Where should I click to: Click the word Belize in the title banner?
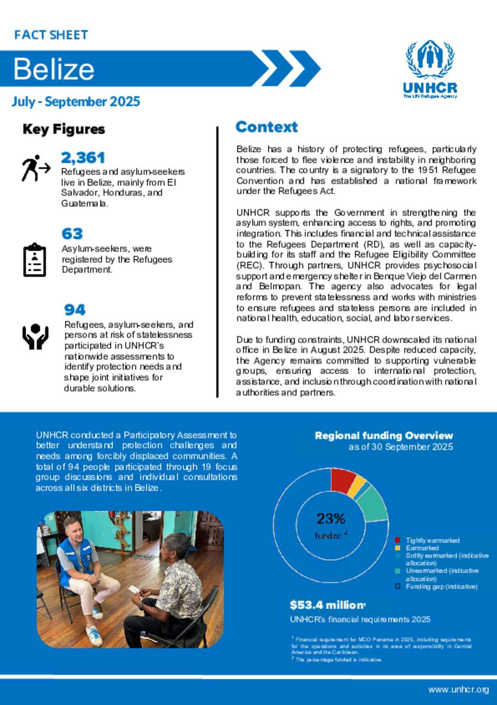[54, 69]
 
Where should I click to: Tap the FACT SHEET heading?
[51, 35]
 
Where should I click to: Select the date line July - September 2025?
[76, 102]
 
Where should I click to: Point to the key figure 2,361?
[83, 157]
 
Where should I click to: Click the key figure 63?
[72, 234]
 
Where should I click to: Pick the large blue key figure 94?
[75, 310]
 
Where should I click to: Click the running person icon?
[35, 168]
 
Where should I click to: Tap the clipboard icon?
[34, 260]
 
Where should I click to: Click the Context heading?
[266, 127]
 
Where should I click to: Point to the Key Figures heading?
[64, 129]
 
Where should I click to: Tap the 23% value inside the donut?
[331, 519]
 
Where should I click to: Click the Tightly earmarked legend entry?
[432, 540]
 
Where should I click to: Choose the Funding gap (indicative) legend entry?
[441, 586]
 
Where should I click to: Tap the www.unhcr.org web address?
[458, 689]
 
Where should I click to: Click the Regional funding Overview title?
[383, 435]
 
